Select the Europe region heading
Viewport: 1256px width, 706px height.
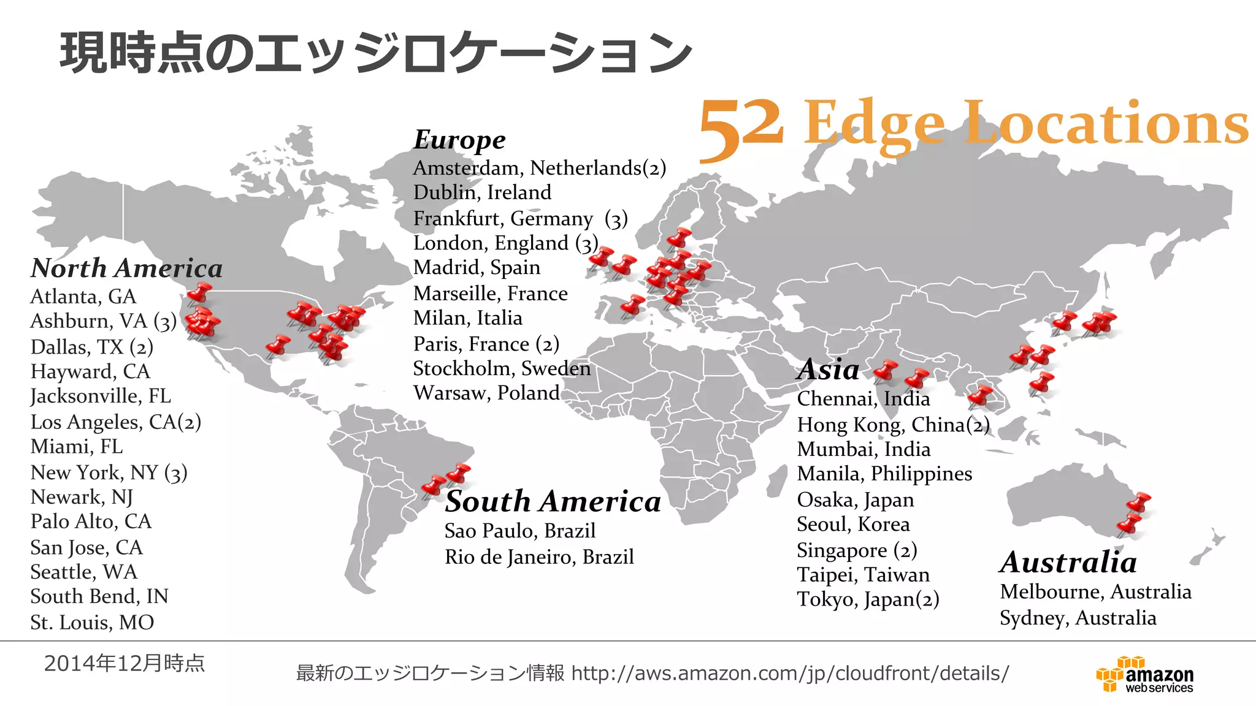pos(459,140)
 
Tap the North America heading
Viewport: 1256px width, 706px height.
pos(126,268)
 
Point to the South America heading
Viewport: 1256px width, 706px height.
pos(553,501)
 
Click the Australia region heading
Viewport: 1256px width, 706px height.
pos(1068,562)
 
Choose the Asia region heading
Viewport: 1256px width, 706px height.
pos(828,370)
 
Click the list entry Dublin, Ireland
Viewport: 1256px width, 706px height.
pos(482,192)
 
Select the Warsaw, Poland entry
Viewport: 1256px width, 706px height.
pos(486,393)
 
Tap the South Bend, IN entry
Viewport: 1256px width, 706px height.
pos(99,596)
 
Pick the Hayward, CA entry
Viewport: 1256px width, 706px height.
pos(90,371)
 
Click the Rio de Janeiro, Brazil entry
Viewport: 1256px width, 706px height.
pos(539,557)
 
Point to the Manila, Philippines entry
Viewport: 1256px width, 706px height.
pos(884,474)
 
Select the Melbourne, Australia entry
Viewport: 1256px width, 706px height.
pos(1095,592)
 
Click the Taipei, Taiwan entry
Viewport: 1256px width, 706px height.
pos(863,575)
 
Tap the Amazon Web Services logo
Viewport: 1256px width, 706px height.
pos(1145,675)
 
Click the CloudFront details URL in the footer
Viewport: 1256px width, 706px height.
pos(790,674)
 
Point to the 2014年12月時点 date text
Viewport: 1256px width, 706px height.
pos(124,663)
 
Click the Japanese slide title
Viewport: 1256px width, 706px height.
pos(375,53)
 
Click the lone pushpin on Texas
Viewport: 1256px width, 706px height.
pos(278,346)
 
